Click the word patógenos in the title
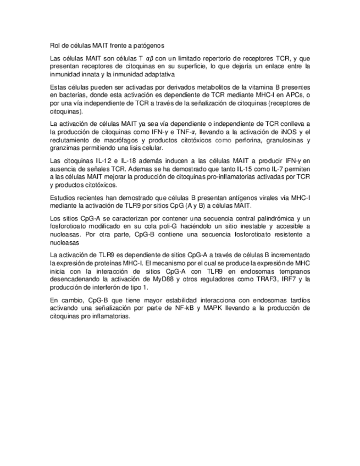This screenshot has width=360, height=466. pyautogui.click(x=149, y=45)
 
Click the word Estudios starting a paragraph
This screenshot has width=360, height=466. pyautogui.click(x=63, y=197)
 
